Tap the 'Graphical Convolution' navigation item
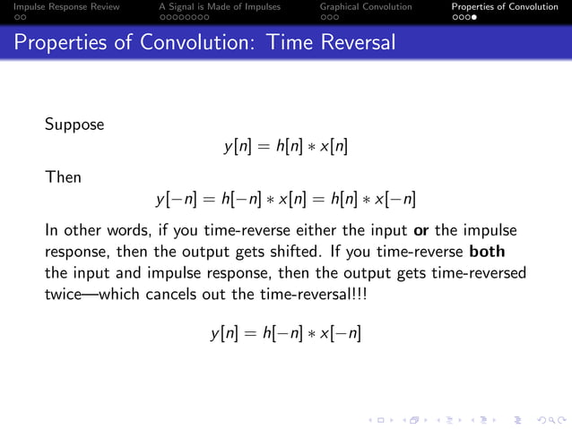(x=366, y=6)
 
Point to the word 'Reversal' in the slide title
(x=352, y=42)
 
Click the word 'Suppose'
(x=74, y=124)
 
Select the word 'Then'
(x=63, y=177)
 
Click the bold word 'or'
(x=419, y=229)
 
